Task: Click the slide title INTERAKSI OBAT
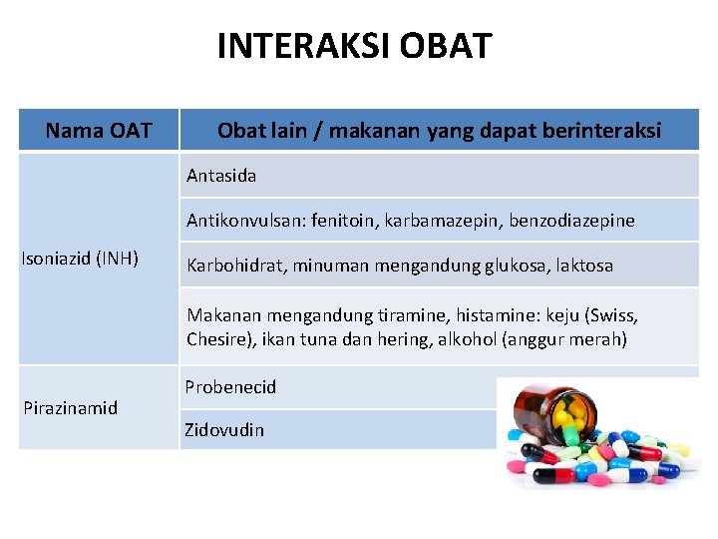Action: click(354, 46)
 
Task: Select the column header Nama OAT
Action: click(99, 131)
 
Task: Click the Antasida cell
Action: click(221, 176)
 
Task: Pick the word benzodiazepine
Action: click(571, 221)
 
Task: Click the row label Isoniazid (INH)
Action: click(80, 260)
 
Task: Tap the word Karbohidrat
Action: click(232, 267)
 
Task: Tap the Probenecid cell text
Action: click(230, 386)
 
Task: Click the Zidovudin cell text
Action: click(224, 430)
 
